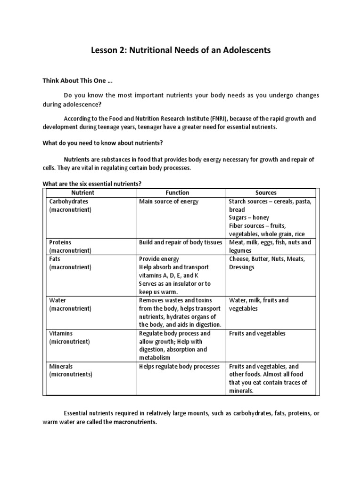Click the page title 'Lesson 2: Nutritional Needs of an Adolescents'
[181, 50]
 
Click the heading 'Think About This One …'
[72, 80]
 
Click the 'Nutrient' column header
[82, 193]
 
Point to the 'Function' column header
[177, 193]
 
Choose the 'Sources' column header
[266, 193]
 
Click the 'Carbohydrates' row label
[69, 201]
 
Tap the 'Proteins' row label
[60, 242]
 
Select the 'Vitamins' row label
[61, 333]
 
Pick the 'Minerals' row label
[61, 366]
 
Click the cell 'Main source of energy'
[169, 201]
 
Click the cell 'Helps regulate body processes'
[179, 366]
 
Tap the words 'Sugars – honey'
[249, 218]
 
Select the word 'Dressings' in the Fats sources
[242, 267]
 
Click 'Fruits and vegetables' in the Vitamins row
[257, 333]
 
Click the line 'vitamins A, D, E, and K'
[169, 275]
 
